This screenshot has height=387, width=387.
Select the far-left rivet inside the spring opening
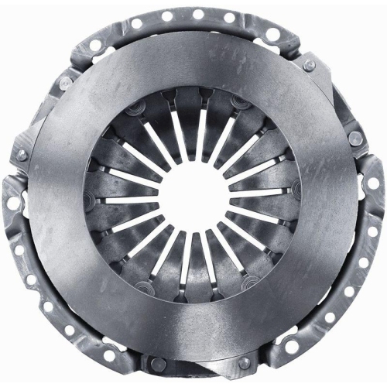[91, 189]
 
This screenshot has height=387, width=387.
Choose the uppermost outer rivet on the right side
[309, 66]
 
